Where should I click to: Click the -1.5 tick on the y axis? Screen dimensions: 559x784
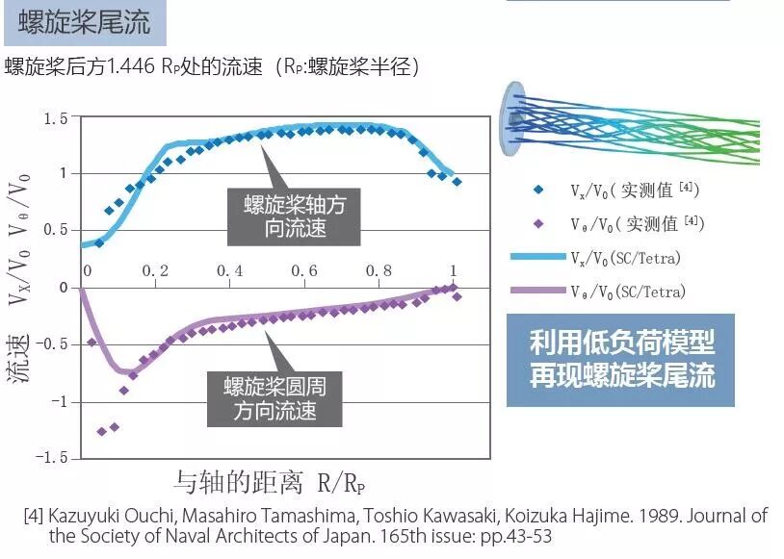(52, 457)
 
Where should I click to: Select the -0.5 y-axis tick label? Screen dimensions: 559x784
(52, 343)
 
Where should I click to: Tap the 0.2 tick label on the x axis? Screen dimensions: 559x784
(155, 272)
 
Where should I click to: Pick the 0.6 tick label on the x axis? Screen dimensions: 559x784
(304, 272)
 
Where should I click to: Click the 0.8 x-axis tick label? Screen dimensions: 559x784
(379, 272)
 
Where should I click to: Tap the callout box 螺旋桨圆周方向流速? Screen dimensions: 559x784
(274, 399)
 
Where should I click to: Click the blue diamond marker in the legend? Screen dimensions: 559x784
(538, 191)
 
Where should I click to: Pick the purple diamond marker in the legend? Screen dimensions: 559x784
(538, 224)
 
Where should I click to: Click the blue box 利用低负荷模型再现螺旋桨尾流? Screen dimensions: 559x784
(621, 360)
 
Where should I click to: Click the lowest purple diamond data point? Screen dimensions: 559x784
(102, 431)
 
